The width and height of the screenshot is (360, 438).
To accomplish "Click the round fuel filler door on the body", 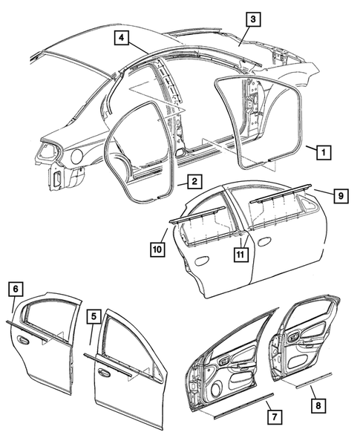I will [76, 156].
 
